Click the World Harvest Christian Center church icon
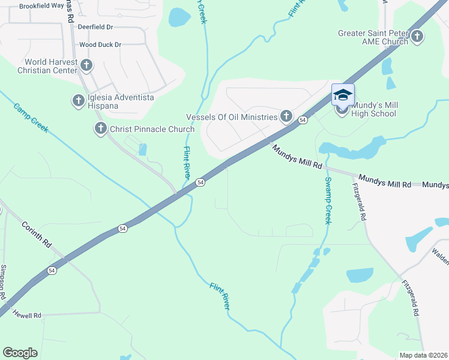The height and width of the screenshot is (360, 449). (86, 65)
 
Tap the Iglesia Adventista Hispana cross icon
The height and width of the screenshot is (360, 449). (79, 101)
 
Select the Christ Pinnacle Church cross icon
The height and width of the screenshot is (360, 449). (100, 128)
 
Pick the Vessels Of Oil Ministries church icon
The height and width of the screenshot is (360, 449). (286, 116)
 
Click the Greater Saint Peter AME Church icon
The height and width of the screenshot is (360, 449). (417, 37)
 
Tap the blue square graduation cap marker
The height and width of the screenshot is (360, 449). (343, 95)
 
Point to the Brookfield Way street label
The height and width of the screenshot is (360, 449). (41, 5)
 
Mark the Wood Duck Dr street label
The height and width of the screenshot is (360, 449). (100, 44)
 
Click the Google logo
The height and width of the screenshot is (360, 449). (20, 353)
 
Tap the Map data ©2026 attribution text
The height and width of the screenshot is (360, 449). (423, 355)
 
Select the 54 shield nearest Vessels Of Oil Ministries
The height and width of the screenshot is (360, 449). (303, 121)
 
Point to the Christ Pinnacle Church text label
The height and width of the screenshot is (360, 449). (152, 129)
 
